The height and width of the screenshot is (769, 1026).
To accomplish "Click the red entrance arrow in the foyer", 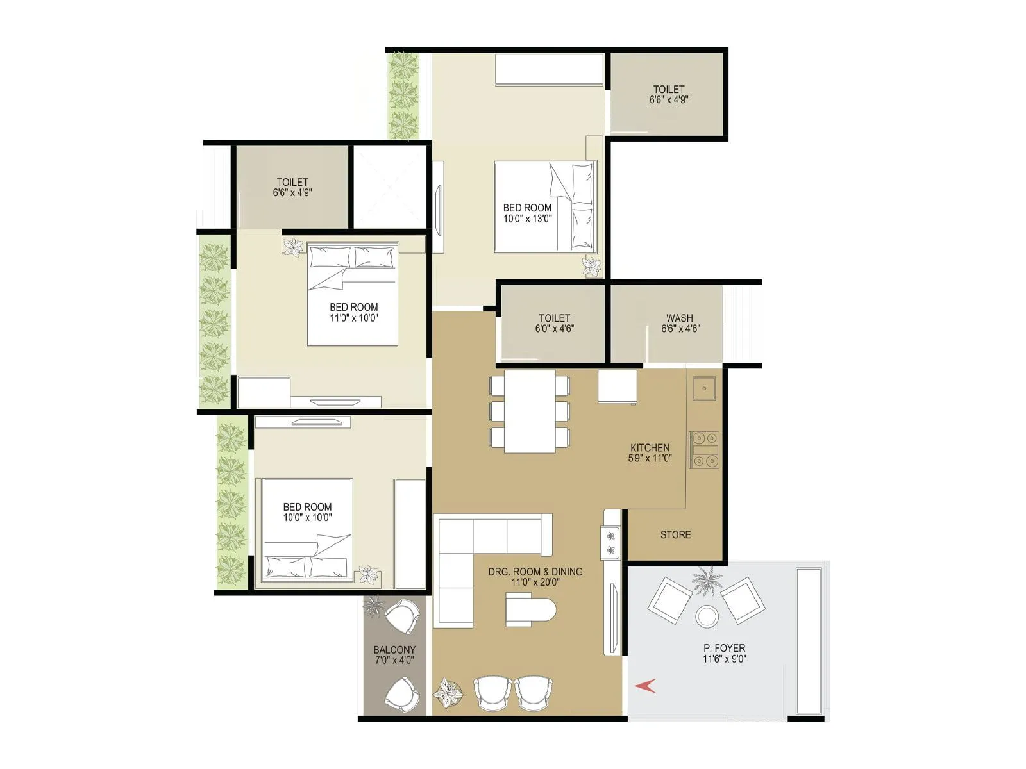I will (645, 686).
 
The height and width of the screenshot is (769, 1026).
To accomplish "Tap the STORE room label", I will (675, 534).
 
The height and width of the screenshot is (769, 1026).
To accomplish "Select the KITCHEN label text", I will (650, 447).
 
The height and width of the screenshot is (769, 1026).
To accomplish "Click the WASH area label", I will (679, 318).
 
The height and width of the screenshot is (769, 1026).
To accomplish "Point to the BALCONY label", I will (394, 649).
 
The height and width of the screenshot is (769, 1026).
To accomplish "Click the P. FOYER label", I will (724, 648).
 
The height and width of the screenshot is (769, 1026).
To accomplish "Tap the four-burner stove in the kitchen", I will (704, 449).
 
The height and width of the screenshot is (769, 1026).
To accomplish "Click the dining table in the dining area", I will (530, 411).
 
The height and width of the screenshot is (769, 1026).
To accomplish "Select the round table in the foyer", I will (707, 616).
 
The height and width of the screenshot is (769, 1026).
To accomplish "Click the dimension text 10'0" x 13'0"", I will (527, 219).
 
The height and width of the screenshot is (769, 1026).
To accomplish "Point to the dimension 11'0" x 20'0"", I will (535, 583).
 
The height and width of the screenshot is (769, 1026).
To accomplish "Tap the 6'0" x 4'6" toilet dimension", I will (554, 329).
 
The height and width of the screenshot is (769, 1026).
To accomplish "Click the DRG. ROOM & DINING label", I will (535, 572).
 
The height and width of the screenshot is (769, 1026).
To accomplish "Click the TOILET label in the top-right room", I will (669, 89).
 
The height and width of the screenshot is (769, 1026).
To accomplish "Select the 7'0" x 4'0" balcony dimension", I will (394, 660).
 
